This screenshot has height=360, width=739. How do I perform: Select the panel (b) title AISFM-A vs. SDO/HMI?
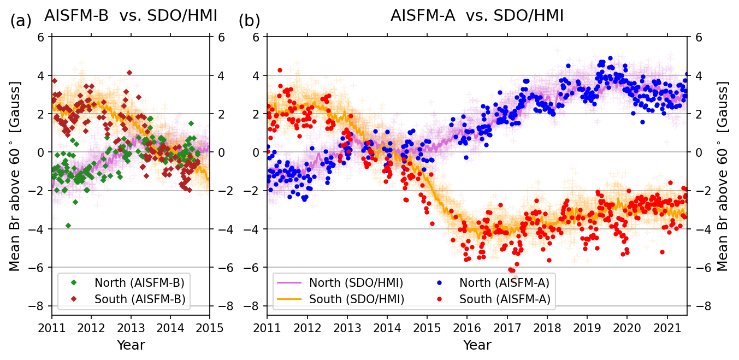point(477,16)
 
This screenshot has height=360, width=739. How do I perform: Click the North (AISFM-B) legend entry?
point(139,282)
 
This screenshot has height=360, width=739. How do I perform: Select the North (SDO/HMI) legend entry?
point(356,282)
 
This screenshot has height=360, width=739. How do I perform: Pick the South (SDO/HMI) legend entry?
point(357,299)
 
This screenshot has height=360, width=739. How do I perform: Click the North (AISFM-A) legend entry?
point(504,282)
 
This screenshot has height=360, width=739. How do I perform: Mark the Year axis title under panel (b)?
point(477,345)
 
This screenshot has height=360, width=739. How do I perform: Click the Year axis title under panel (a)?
point(131,345)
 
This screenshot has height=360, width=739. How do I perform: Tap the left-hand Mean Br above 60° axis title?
point(15,176)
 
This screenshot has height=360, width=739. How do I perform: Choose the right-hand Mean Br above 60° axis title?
point(723,176)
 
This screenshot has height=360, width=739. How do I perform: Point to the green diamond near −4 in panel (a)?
point(68,226)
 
